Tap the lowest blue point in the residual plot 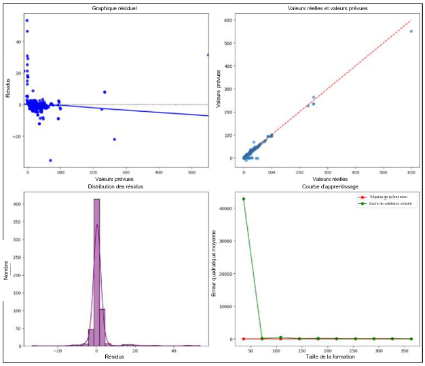(50, 161)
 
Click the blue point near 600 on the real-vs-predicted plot (411, 31)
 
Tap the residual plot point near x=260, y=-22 (114, 140)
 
